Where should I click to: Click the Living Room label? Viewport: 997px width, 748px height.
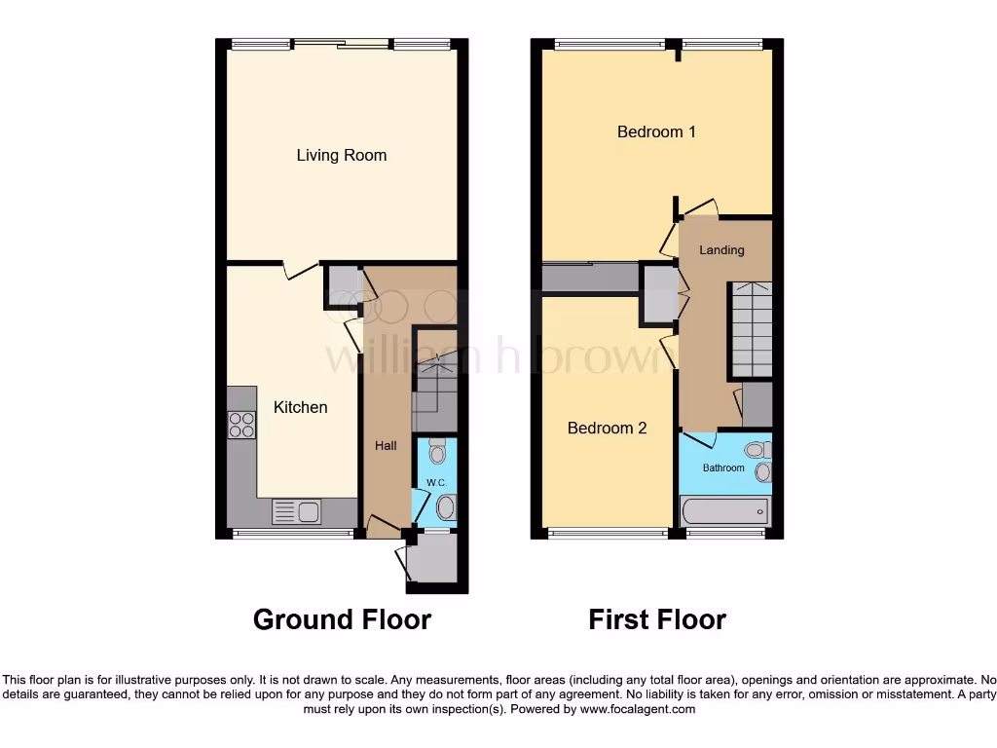tap(341, 155)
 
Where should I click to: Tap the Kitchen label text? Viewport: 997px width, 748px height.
tap(300, 407)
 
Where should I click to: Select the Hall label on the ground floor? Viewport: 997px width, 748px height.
tap(387, 446)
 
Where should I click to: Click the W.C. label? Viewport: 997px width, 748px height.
tap(433, 483)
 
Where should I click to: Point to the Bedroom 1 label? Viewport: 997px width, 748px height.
tap(656, 131)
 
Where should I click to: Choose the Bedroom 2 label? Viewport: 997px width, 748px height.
tap(607, 428)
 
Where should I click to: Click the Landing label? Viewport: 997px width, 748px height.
tap(721, 250)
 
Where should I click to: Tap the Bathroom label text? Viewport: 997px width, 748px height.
tap(723, 468)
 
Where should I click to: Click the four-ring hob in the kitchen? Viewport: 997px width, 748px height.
tap(241, 425)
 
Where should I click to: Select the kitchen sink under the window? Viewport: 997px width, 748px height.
tap(297, 511)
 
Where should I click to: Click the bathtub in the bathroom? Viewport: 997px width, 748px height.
tap(724, 511)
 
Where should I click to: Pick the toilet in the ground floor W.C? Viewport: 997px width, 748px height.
tap(437, 450)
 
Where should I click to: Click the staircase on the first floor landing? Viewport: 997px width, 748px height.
tap(751, 329)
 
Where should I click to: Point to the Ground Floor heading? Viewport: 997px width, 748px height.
tap(342, 619)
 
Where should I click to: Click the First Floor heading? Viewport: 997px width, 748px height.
tap(657, 619)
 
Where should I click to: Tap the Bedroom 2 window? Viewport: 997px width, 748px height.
tap(608, 533)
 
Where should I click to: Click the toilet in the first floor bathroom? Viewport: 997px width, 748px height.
tap(756, 450)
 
